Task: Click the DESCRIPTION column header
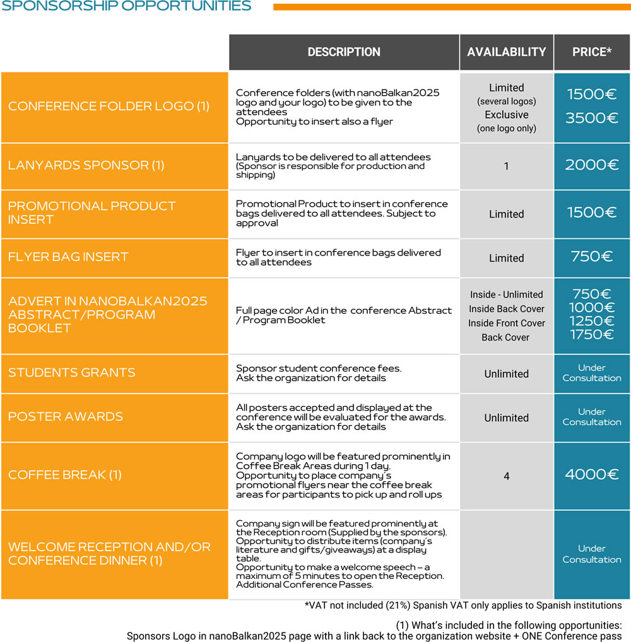(x=344, y=52)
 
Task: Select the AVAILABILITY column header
(x=506, y=52)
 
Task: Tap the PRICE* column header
(x=592, y=52)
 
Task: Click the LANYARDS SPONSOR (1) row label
(x=86, y=166)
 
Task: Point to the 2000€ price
(x=592, y=165)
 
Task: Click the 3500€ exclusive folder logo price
(x=592, y=118)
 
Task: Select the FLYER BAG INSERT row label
(x=68, y=257)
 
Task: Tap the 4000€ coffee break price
(x=592, y=475)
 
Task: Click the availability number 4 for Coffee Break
(x=506, y=476)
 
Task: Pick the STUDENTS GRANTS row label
(x=71, y=373)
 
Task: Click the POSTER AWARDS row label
(x=66, y=417)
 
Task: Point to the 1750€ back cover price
(x=592, y=335)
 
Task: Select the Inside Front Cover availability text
(x=506, y=323)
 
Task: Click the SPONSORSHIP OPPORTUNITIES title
(x=126, y=6)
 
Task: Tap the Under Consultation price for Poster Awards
(x=592, y=417)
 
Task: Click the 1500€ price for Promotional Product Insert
(x=592, y=213)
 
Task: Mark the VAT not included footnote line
(x=463, y=605)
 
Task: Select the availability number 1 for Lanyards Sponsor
(x=506, y=166)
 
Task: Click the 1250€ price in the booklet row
(x=592, y=321)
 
